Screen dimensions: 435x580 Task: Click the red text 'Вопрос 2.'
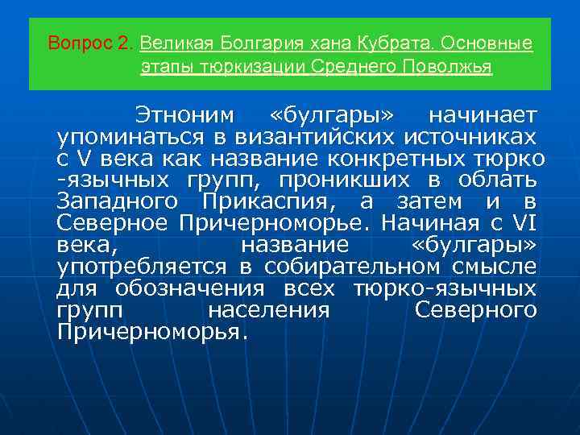(92, 43)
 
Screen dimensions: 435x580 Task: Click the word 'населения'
(268, 310)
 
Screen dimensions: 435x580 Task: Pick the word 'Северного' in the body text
(475, 310)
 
